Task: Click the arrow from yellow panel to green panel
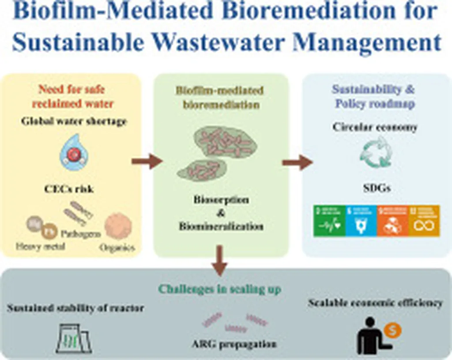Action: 147,161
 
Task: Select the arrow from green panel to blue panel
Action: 296,161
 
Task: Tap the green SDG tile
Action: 328,220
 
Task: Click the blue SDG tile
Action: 360,220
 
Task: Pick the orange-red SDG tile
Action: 392,220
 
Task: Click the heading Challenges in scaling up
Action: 219,289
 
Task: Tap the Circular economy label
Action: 374,127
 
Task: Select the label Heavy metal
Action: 40,246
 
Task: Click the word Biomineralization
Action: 221,226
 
